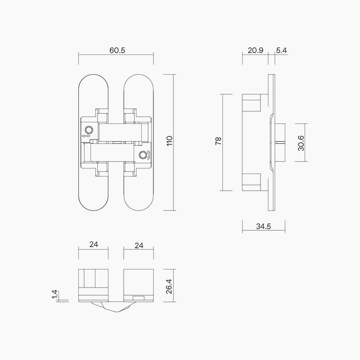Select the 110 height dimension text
coord(170,142)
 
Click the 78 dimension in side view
coord(218,142)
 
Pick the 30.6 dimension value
coord(301,143)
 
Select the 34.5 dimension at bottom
coord(263,227)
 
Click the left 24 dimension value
coord(94,245)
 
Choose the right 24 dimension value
coord(139,245)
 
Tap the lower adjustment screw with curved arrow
coord(143,155)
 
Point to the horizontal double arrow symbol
coord(87,135)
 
